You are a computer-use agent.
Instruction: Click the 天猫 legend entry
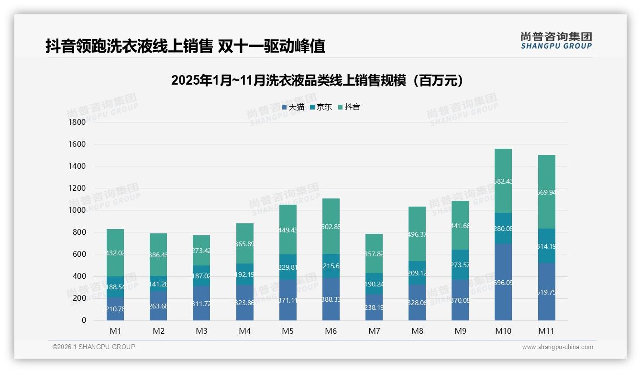tap(293, 107)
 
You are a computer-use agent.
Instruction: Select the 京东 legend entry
tap(321, 107)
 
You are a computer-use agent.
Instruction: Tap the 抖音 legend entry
tap(349, 107)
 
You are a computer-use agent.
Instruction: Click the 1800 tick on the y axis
tap(77, 122)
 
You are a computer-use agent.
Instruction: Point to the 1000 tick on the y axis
tap(77, 210)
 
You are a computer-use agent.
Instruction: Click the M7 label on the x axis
tap(374, 331)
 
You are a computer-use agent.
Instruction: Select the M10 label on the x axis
tap(503, 331)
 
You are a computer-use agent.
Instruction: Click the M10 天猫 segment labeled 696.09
tap(503, 282)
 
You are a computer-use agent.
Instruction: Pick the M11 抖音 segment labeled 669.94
tap(546, 192)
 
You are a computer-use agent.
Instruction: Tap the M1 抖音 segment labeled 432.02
tap(115, 253)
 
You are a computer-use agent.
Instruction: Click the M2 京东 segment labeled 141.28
tap(158, 284)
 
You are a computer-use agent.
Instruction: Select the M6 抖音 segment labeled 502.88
tap(331, 226)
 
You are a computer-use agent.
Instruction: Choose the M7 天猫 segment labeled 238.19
tap(374, 307)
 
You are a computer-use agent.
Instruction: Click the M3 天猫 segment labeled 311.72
tap(201, 303)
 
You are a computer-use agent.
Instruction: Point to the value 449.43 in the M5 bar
tap(288, 230)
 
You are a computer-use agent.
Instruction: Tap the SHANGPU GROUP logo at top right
tap(556, 40)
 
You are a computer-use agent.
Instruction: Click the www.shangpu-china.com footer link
tap(557, 347)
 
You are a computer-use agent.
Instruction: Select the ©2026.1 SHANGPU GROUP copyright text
tap(94, 347)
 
